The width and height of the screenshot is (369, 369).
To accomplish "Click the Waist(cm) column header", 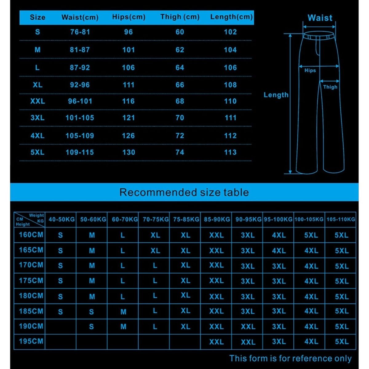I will (80, 18).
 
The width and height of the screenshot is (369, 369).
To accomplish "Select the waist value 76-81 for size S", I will (80, 32).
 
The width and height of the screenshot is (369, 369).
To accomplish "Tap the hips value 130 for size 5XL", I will (129, 152).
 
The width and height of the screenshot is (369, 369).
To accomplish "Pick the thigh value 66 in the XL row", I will (180, 85).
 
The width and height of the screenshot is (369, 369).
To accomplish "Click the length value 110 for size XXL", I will (230, 101).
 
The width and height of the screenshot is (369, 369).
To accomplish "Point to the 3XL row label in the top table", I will (38, 118).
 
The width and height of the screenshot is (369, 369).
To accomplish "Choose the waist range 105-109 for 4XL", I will (80, 136).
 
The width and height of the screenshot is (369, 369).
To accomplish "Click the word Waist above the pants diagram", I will (320, 18).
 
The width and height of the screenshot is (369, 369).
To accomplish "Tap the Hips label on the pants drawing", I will (310, 70).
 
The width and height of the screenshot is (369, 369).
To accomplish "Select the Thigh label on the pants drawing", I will (330, 87).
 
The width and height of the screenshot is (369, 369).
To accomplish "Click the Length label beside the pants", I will (276, 95).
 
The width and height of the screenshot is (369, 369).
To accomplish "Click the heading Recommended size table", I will (184, 192).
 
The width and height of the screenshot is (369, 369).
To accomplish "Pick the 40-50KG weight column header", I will (61, 220).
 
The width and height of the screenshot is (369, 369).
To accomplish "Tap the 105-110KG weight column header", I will (341, 220).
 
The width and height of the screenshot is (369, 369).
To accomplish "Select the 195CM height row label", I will (31, 341).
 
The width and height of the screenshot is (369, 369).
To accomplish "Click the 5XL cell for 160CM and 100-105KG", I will (311, 235).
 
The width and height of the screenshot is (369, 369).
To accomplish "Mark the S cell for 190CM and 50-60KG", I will (91, 327).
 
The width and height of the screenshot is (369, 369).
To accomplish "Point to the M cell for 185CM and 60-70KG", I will (123, 312).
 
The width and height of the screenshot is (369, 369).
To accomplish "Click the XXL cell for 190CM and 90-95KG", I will (248, 327).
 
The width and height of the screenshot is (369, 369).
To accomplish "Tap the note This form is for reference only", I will (290, 359).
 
